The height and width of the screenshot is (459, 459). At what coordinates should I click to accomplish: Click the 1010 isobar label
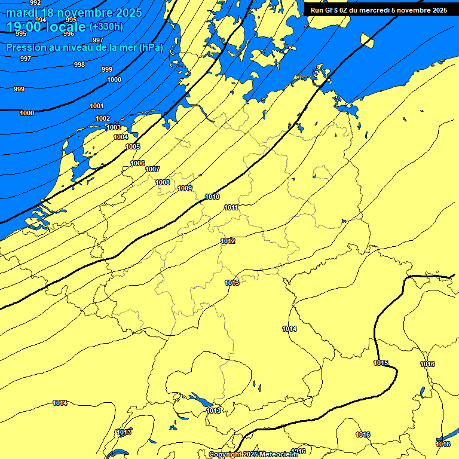coord(212,197)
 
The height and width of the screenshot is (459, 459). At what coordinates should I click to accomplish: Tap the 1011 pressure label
coord(232,207)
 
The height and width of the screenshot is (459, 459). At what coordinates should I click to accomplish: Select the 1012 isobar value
coord(228,241)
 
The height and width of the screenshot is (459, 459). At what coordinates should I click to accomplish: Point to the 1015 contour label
coord(381,363)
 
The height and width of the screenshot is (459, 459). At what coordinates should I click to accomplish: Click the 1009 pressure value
coord(185,188)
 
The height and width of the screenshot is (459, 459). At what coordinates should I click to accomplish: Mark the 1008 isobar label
coord(163,182)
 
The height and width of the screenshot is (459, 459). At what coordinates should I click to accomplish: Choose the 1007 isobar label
coord(152,169)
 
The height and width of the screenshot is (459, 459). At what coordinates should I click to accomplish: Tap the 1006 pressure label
coord(137,163)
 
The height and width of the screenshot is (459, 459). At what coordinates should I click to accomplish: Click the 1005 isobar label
coord(133,146)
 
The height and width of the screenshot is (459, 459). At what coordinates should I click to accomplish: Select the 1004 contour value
coord(121,137)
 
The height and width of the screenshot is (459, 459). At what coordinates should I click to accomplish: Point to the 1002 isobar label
coord(103,118)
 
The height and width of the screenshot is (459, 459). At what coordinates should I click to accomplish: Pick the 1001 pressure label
coord(97,106)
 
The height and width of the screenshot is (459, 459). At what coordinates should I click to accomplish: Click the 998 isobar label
coord(79,65)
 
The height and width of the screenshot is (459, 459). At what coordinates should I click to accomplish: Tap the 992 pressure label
coord(35,2)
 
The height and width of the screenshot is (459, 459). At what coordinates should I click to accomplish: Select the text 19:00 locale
coord(46,27)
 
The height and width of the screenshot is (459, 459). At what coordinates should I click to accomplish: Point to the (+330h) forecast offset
coord(106,27)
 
